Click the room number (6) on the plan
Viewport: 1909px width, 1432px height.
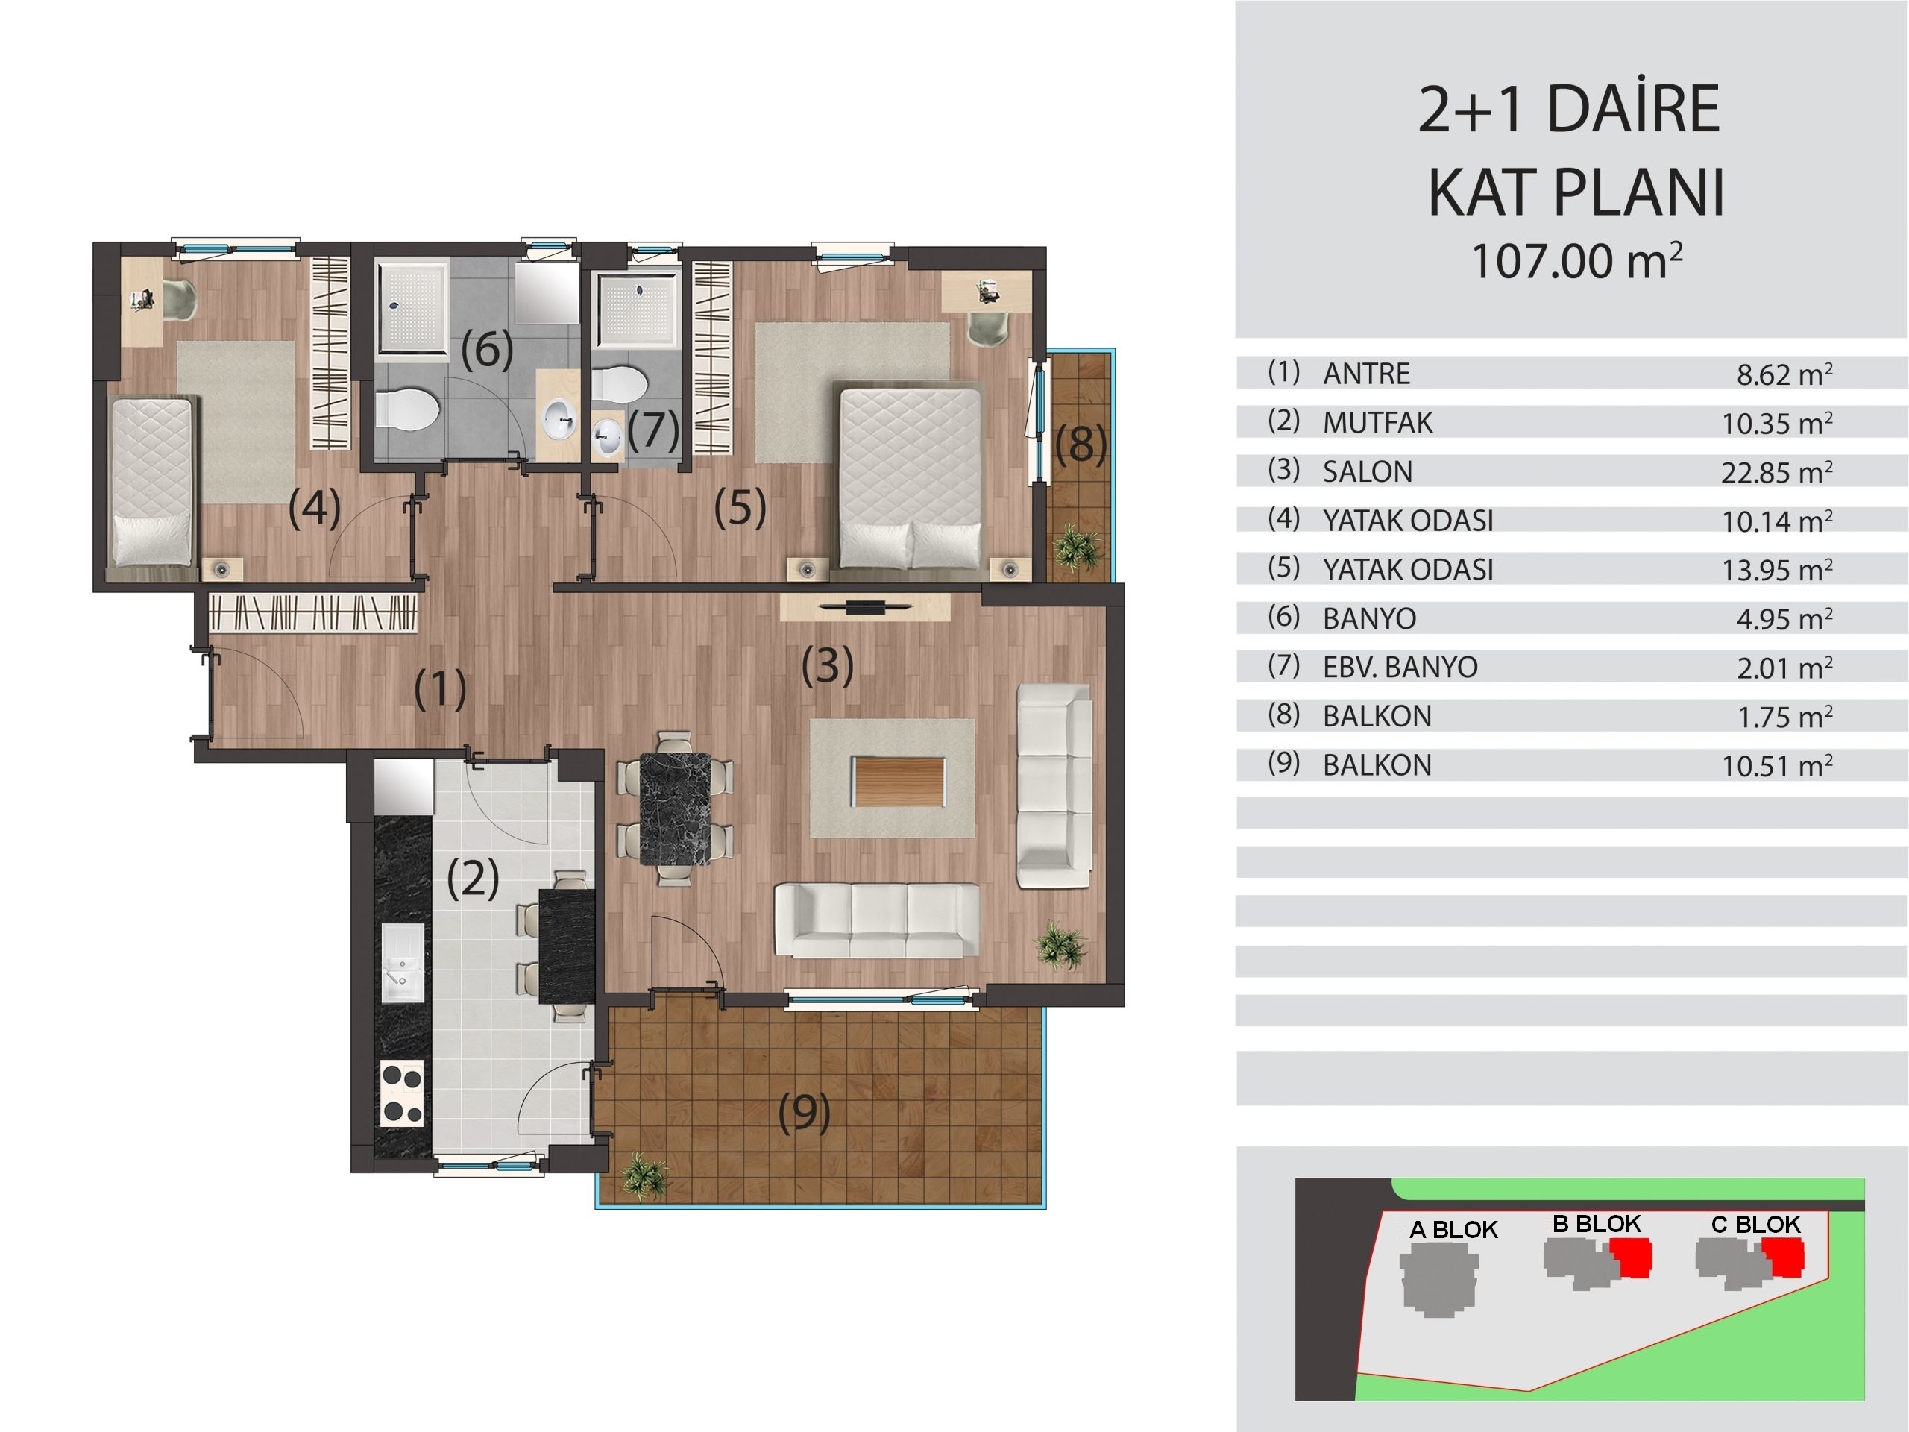point(487,350)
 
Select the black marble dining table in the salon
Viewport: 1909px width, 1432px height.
point(675,808)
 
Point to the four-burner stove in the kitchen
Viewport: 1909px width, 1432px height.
point(403,1093)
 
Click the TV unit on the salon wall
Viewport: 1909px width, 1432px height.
point(865,607)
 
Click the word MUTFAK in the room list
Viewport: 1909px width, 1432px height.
point(1377,423)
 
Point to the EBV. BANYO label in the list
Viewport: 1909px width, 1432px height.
point(1400,668)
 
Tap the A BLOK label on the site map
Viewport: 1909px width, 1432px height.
point(1453,1230)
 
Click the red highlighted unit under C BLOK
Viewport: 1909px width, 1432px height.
point(1782,1257)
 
